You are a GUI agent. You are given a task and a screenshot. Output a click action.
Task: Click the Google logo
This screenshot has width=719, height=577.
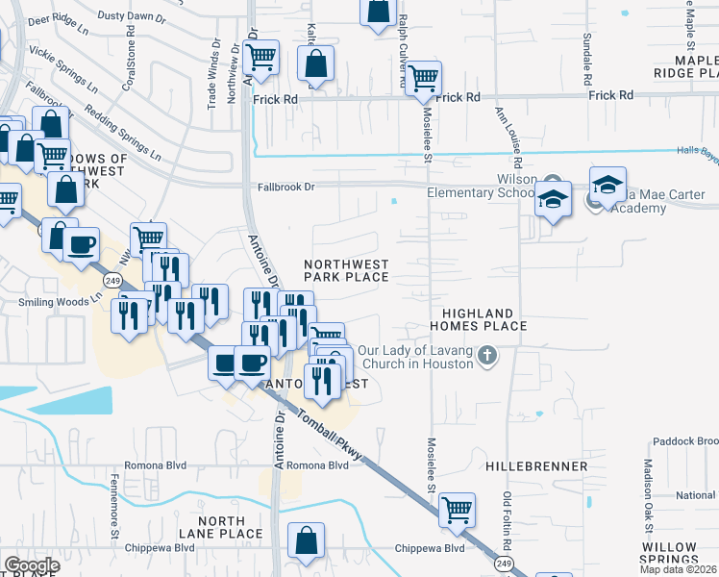(32, 565)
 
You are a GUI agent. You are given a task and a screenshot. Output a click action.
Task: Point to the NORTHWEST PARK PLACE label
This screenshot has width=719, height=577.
(346, 270)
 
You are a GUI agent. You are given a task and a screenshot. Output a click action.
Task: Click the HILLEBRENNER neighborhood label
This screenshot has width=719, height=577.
(536, 466)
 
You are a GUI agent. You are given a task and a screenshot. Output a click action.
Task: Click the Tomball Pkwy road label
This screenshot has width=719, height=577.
(331, 434)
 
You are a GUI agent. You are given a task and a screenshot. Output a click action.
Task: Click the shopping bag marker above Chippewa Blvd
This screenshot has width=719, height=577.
(306, 540)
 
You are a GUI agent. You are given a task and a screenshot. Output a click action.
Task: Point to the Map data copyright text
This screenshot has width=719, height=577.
(681, 568)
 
